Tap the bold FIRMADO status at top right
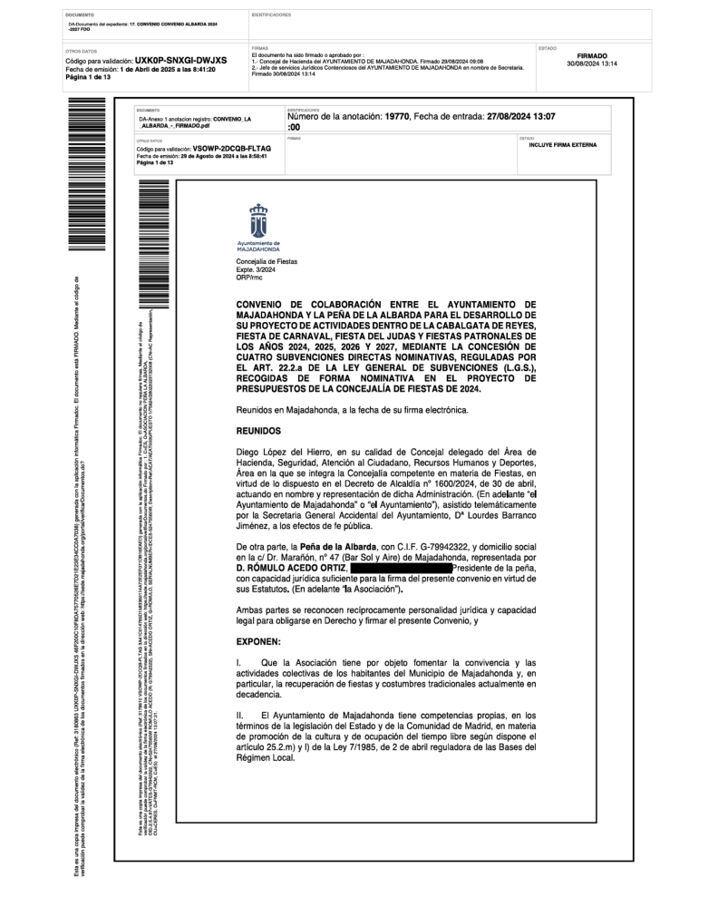coord(591,56)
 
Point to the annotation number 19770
coord(398,117)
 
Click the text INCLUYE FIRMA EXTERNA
coord(563,144)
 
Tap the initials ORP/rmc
coord(249,276)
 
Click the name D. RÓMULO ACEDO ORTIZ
coord(290,566)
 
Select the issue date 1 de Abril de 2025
coord(149,69)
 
